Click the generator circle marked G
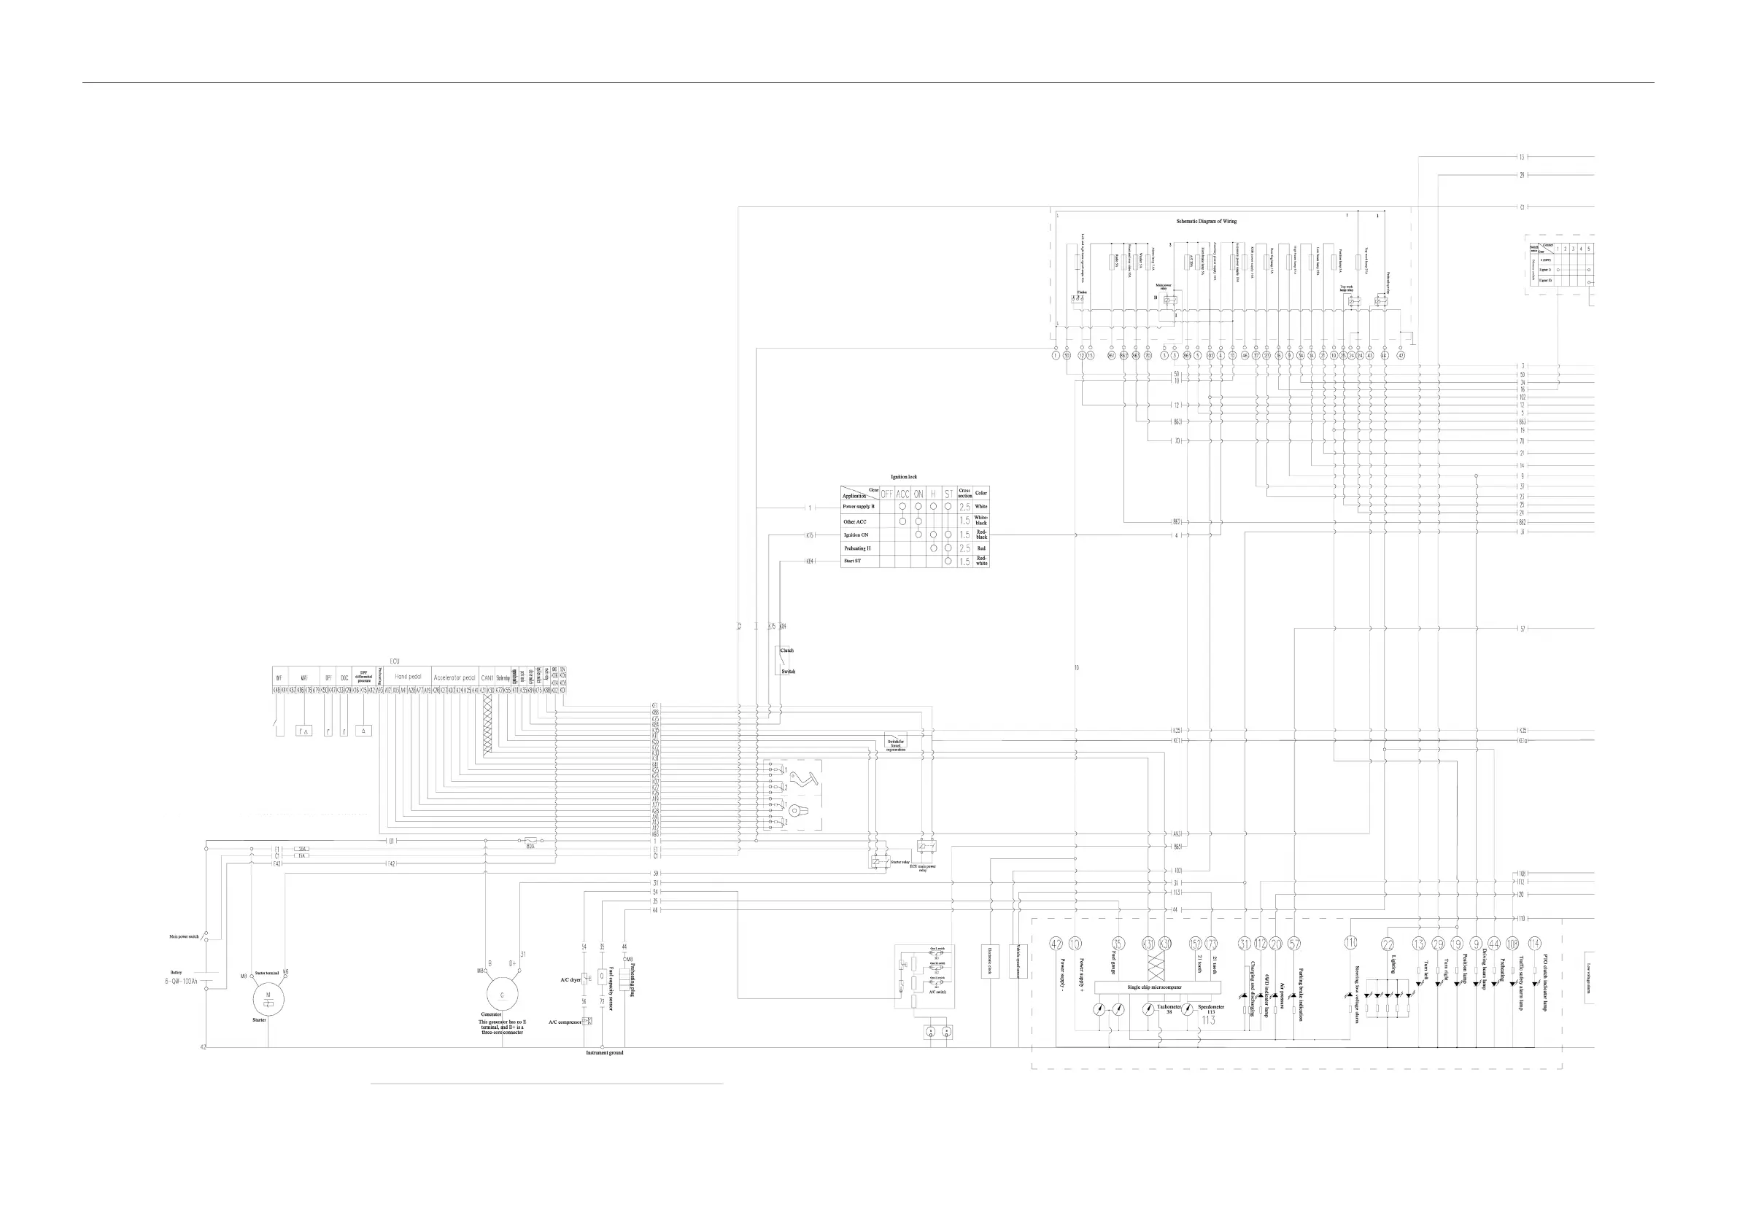point(502,996)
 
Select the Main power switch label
point(184,937)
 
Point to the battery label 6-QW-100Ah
point(181,982)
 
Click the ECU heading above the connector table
point(394,661)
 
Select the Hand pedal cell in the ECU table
point(408,677)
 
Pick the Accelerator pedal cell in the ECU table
point(454,677)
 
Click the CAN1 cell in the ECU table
point(487,677)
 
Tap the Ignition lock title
point(903,477)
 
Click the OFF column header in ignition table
point(886,494)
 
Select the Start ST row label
point(852,561)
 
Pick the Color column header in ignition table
point(981,493)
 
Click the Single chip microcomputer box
point(1154,987)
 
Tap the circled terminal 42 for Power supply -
point(1056,944)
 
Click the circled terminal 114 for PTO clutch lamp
point(1534,944)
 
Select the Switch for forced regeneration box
point(896,745)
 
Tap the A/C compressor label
point(565,1022)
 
